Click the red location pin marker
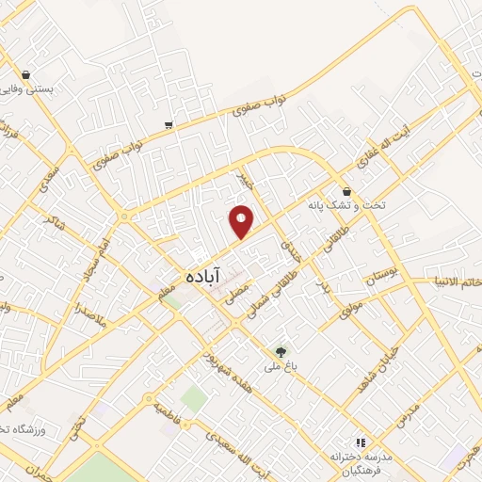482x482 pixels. [x=242, y=221]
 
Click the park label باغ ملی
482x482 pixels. [x=280, y=368]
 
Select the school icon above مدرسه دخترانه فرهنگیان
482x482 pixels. [x=358, y=441]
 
